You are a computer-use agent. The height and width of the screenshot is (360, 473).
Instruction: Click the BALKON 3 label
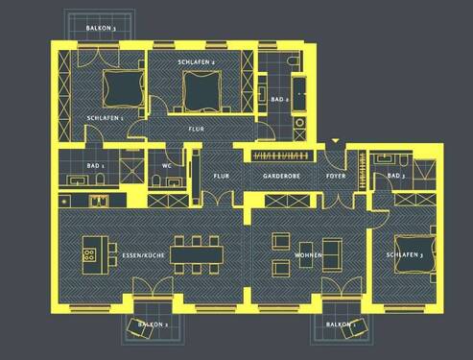tap(101, 29)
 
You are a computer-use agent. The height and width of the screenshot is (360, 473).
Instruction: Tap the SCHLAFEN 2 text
tap(196, 62)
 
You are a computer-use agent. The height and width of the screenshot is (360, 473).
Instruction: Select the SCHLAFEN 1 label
tap(105, 117)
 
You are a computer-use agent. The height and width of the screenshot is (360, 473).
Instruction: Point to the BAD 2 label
tap(280, 99)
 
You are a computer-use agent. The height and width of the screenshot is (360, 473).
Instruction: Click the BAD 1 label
tap(95, 166)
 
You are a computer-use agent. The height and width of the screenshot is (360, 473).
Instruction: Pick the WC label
tap(166, 166)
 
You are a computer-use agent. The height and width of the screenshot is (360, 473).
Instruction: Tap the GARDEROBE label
tap(282, 177)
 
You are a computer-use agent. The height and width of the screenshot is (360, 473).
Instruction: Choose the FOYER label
tap(336, 177)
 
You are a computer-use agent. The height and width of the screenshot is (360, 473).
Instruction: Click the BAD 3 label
tap(394, 177)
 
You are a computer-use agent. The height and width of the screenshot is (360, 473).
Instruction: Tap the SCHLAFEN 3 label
tap(405, 255)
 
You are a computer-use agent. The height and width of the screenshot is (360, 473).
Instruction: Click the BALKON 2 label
tap(153, 325)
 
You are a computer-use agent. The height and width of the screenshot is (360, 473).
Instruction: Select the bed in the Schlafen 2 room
tap(202, 89)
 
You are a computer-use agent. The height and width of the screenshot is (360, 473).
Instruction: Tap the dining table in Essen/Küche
tap(197, 253)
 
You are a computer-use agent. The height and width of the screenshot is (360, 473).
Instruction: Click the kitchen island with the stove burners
tap(92, 251)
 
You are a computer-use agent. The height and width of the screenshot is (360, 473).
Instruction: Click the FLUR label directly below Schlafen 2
tap(196, 128)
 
